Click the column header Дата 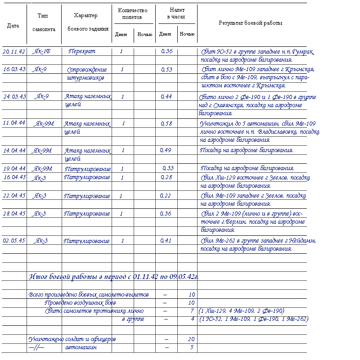coord(13,26)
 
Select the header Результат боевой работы coord(251,23)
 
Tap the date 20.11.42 coord(14,51)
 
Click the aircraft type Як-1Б coord(42,51)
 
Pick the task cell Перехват coord(82,51)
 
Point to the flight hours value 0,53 coord(166,70)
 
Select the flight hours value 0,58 coord(166,124)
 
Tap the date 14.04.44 coord(14,150)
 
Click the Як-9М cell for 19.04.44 coord(42,169)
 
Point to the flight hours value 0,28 coord(166,177)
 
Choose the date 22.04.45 coord(14,196)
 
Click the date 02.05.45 coord(14,241)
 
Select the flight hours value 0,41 coord(166,241)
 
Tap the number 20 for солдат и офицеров coord(191,339)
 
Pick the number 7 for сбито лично coord(192,311)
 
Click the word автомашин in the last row coord(81,347)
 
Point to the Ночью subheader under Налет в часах coord(187,34)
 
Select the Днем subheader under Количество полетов coord(121,35)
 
